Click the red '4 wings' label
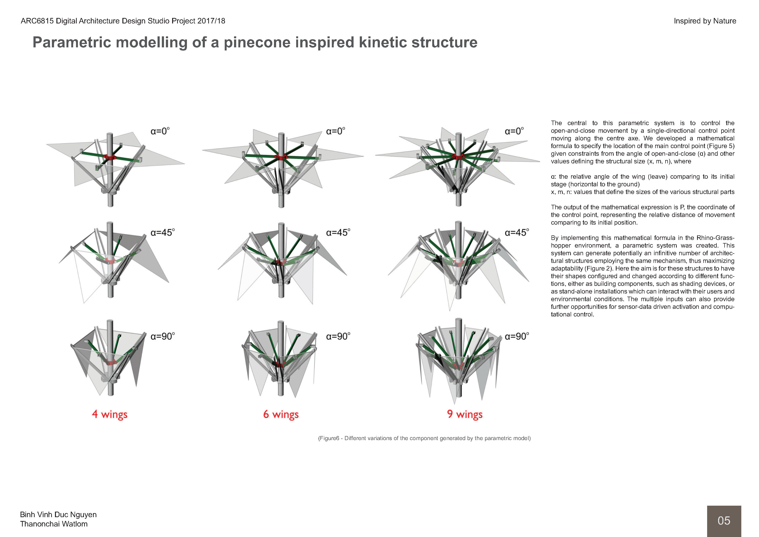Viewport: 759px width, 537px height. click(x=109, y=414)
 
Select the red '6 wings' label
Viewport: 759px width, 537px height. click(x=281, y=414)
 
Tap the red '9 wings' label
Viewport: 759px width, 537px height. click(x=464, y=414)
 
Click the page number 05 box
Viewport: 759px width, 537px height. click(x=724, y=520)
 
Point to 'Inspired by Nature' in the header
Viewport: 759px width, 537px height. click(x=705, y=21)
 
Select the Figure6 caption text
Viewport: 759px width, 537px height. click(x=424, y=438)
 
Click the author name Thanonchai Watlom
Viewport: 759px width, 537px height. click(x=54, y=524)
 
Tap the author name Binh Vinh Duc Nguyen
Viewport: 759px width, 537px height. click(x=58, y=515)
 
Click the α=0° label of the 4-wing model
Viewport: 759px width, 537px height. click(x=160, y=131)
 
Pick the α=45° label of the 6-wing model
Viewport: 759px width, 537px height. click(x=338, y=233)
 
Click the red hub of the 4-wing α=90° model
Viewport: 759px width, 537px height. click(x=110, y=361)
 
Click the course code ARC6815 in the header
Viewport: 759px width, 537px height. click(x=37, y=21)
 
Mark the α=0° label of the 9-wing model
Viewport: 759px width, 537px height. click(x=514, y=131)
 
